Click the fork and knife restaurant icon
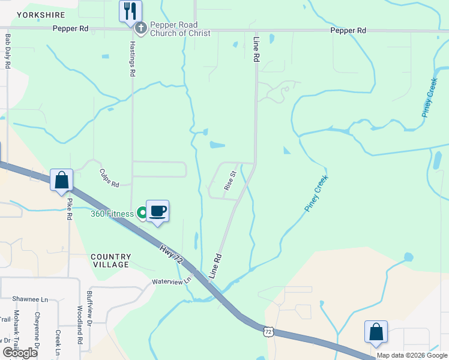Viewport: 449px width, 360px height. [130, 11]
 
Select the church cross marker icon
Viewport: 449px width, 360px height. [140, 28]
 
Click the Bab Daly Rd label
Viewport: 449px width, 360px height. [8, 51]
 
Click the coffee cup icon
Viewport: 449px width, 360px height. [157, 211]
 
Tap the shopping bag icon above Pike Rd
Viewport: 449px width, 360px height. [61, 179]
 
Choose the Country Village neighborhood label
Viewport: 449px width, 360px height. [110, 260]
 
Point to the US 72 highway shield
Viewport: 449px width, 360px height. [268, 331]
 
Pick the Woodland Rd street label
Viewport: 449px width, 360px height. [79, 325]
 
